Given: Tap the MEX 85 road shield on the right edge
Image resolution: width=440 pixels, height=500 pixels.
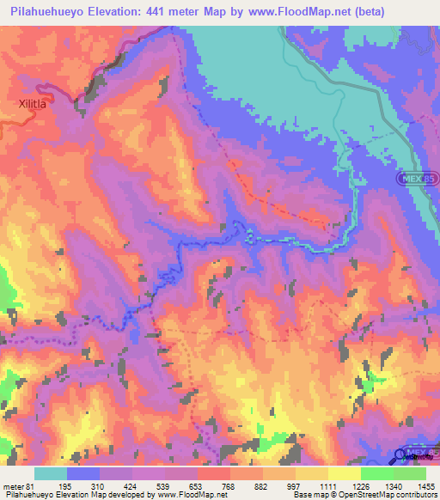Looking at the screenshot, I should point(415,178).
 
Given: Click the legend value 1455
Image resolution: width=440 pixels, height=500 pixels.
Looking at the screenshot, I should point(425,485).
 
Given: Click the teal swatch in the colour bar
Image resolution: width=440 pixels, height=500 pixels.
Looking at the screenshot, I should point(51,473).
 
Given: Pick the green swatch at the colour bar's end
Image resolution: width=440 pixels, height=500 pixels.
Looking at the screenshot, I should point(409,473).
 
